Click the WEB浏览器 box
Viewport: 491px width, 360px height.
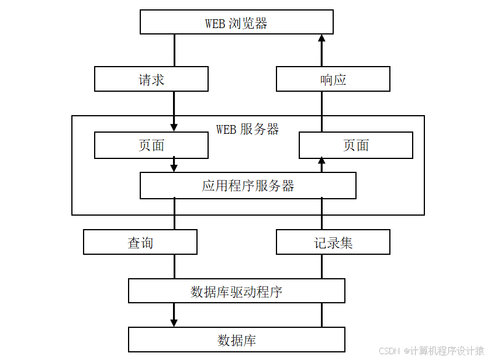point(236,23)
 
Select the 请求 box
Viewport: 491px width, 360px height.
point(151,79)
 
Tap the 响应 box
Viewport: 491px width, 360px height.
point(333,79)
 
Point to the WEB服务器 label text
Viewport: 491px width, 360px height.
point(247,129)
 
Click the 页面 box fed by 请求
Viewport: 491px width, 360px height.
point(151,145)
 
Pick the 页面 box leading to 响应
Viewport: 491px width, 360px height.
point(355,145)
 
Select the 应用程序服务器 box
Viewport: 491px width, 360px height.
point(248,186)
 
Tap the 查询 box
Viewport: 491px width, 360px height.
point(140,242)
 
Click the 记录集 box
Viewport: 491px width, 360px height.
point(333,242)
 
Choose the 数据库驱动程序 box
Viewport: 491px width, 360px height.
point(236,291)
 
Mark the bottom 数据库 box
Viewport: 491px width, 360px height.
point(236,340)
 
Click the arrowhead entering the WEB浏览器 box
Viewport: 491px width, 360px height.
point(321,39)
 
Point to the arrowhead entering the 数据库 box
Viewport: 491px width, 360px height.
point(174,323)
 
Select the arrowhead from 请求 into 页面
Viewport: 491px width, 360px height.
point(174,127)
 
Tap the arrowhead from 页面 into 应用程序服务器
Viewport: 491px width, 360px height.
point(174,168)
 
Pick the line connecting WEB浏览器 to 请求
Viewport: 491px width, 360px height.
point(174,50)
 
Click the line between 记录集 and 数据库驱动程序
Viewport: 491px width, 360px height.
point(321,266)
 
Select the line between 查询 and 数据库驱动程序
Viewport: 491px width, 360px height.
point(174,266)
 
